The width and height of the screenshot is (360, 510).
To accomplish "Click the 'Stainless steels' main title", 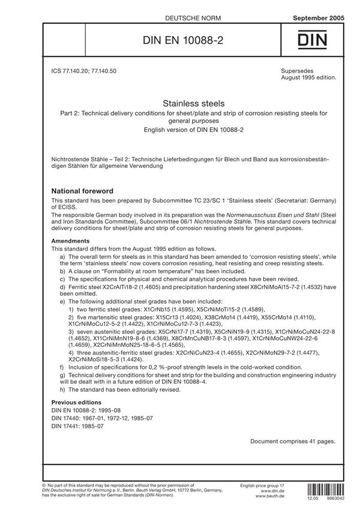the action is coord(179,103).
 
